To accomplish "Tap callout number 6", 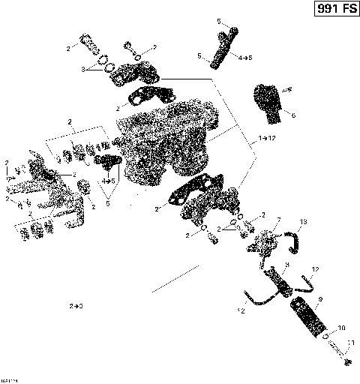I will (293, 115).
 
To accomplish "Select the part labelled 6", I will (268, 101).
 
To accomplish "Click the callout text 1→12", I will (267, 139).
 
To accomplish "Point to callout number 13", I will (304, 222).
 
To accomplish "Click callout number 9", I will (319, 300).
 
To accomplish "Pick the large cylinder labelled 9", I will (341, 328).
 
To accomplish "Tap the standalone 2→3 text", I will (76, 306).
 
